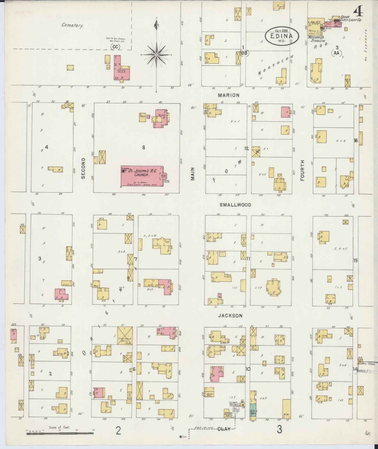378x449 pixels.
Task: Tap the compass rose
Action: coord(156,55)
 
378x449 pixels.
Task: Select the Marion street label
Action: coord(229,95)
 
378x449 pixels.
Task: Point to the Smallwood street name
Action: coord(235,205)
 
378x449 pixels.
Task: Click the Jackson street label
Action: coord(230,316)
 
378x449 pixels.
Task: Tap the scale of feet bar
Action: coord(60,433)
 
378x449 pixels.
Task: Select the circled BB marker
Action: coord(245,53)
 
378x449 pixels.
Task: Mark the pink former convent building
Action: coord(120,69)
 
